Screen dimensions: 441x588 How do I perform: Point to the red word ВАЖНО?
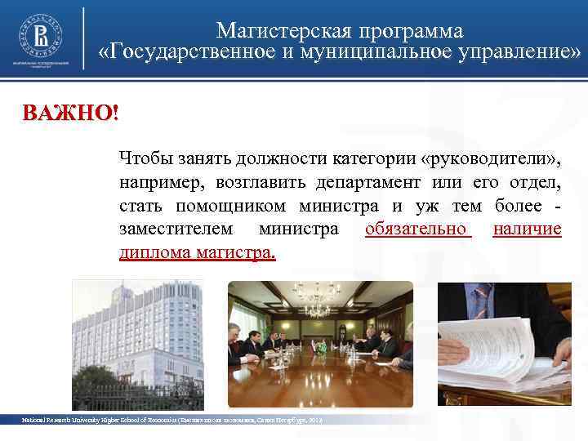click(x=70, y=113)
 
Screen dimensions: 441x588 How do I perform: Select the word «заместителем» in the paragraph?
click(x=174, y=229)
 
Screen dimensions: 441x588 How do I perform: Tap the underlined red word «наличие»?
click(x=528, y=229)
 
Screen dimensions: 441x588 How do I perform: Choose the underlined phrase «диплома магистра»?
click(x=197, y=252)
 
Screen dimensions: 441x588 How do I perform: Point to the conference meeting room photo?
click(x=320, y=343)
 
